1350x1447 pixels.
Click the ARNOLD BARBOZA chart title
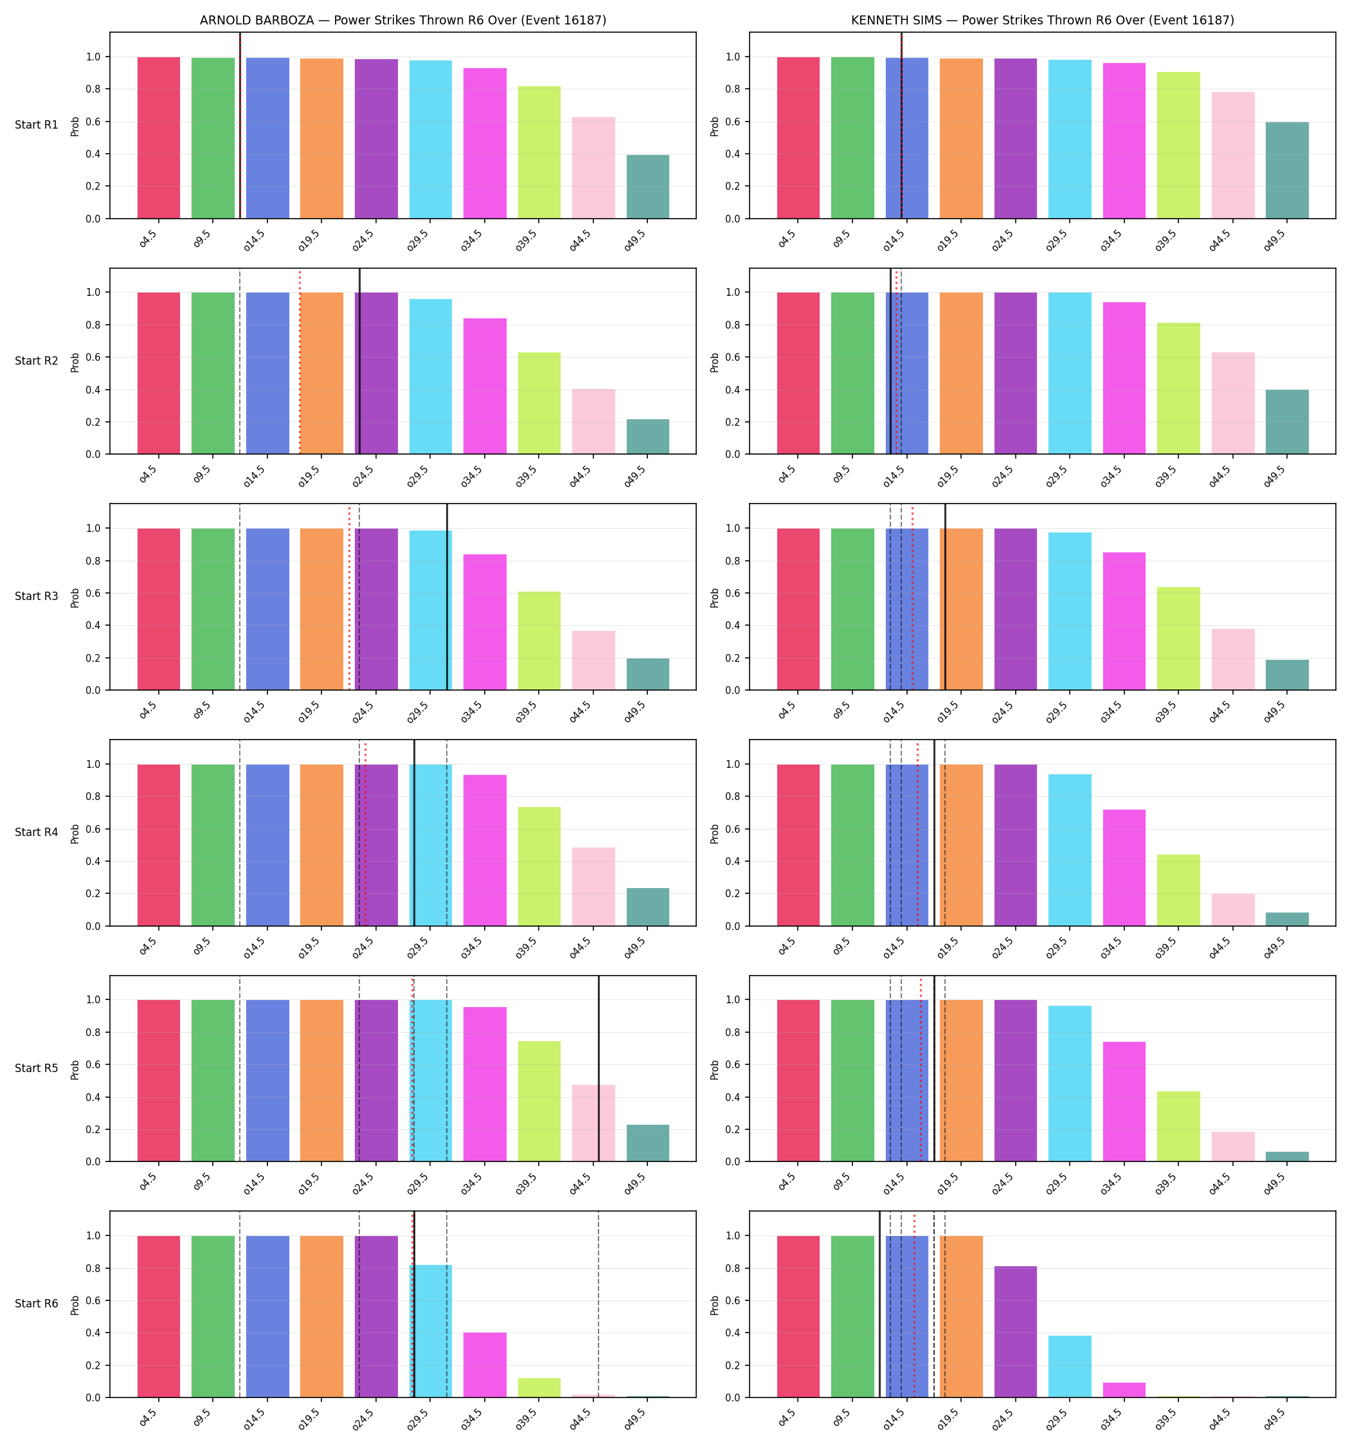point(402,21)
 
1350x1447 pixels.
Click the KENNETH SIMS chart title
point(1042,21)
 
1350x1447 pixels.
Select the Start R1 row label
point(37,125)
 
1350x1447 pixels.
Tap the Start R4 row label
point(37,832)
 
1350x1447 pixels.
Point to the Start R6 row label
point(37,1304)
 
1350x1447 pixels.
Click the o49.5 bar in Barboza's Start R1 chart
point(648,187)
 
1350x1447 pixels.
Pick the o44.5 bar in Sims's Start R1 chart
point(1233,155)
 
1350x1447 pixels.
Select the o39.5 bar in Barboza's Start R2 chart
point(539,403)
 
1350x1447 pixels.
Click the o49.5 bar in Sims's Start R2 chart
point(1287,422)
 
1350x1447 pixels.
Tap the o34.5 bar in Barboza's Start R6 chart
point(485,1365)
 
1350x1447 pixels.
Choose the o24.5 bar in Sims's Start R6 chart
point(1015,1332)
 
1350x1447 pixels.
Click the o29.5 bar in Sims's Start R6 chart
point(1070,1366)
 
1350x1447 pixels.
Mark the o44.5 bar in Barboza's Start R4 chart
point(593,887)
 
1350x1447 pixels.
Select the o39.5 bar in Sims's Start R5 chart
point(1178,1126)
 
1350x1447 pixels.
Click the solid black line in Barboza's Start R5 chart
point(599,1068)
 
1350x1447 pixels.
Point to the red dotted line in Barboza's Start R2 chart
point(300,361)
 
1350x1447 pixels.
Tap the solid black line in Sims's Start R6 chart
point(879,1304)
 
